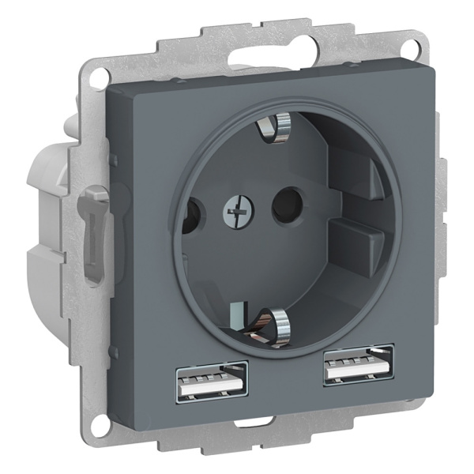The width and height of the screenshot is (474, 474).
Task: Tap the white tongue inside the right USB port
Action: [x=357, y=369]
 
